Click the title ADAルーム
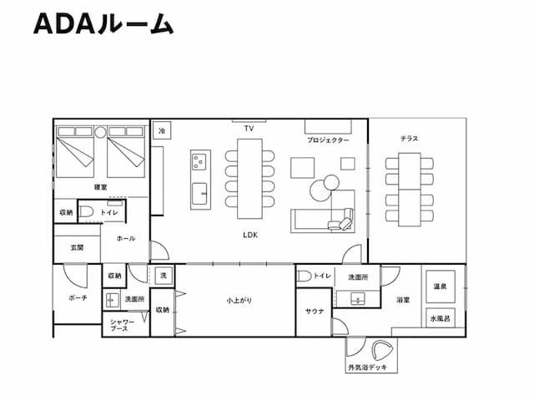(103, 25)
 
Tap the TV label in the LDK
(249, 129)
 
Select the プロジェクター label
(327, 140)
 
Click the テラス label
(409, 139)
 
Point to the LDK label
(249, 236)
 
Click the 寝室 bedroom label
(100, 188)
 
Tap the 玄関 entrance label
(77, 246)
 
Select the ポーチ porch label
(77, 297)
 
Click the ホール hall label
(125, 238)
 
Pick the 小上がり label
(237, 299)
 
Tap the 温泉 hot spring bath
(440, 287)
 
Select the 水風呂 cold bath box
(440, 318)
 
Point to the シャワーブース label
(120, 326)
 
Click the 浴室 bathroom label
(402, 299)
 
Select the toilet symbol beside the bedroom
(87, 212)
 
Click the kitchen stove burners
(200, 160)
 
